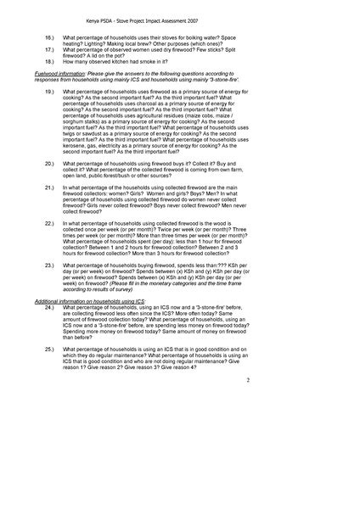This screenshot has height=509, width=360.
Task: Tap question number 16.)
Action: click(49, 38)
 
